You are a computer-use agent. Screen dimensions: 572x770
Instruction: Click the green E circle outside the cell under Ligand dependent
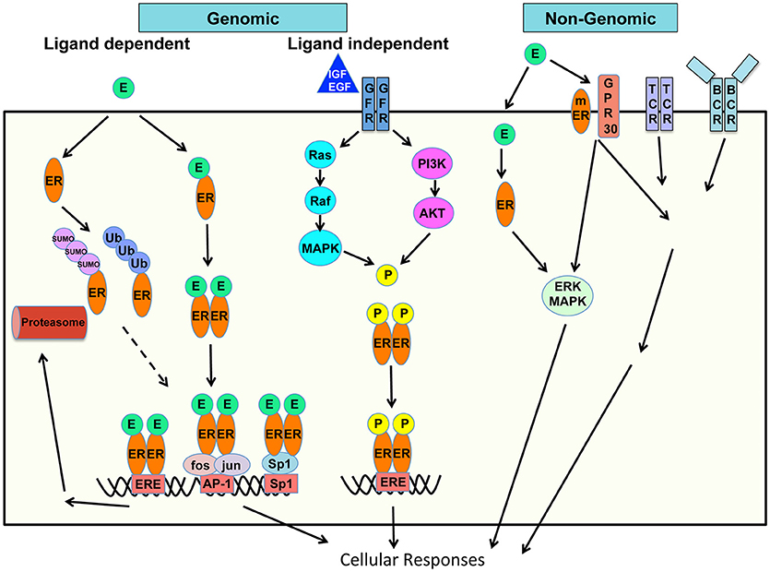(121, 89)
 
